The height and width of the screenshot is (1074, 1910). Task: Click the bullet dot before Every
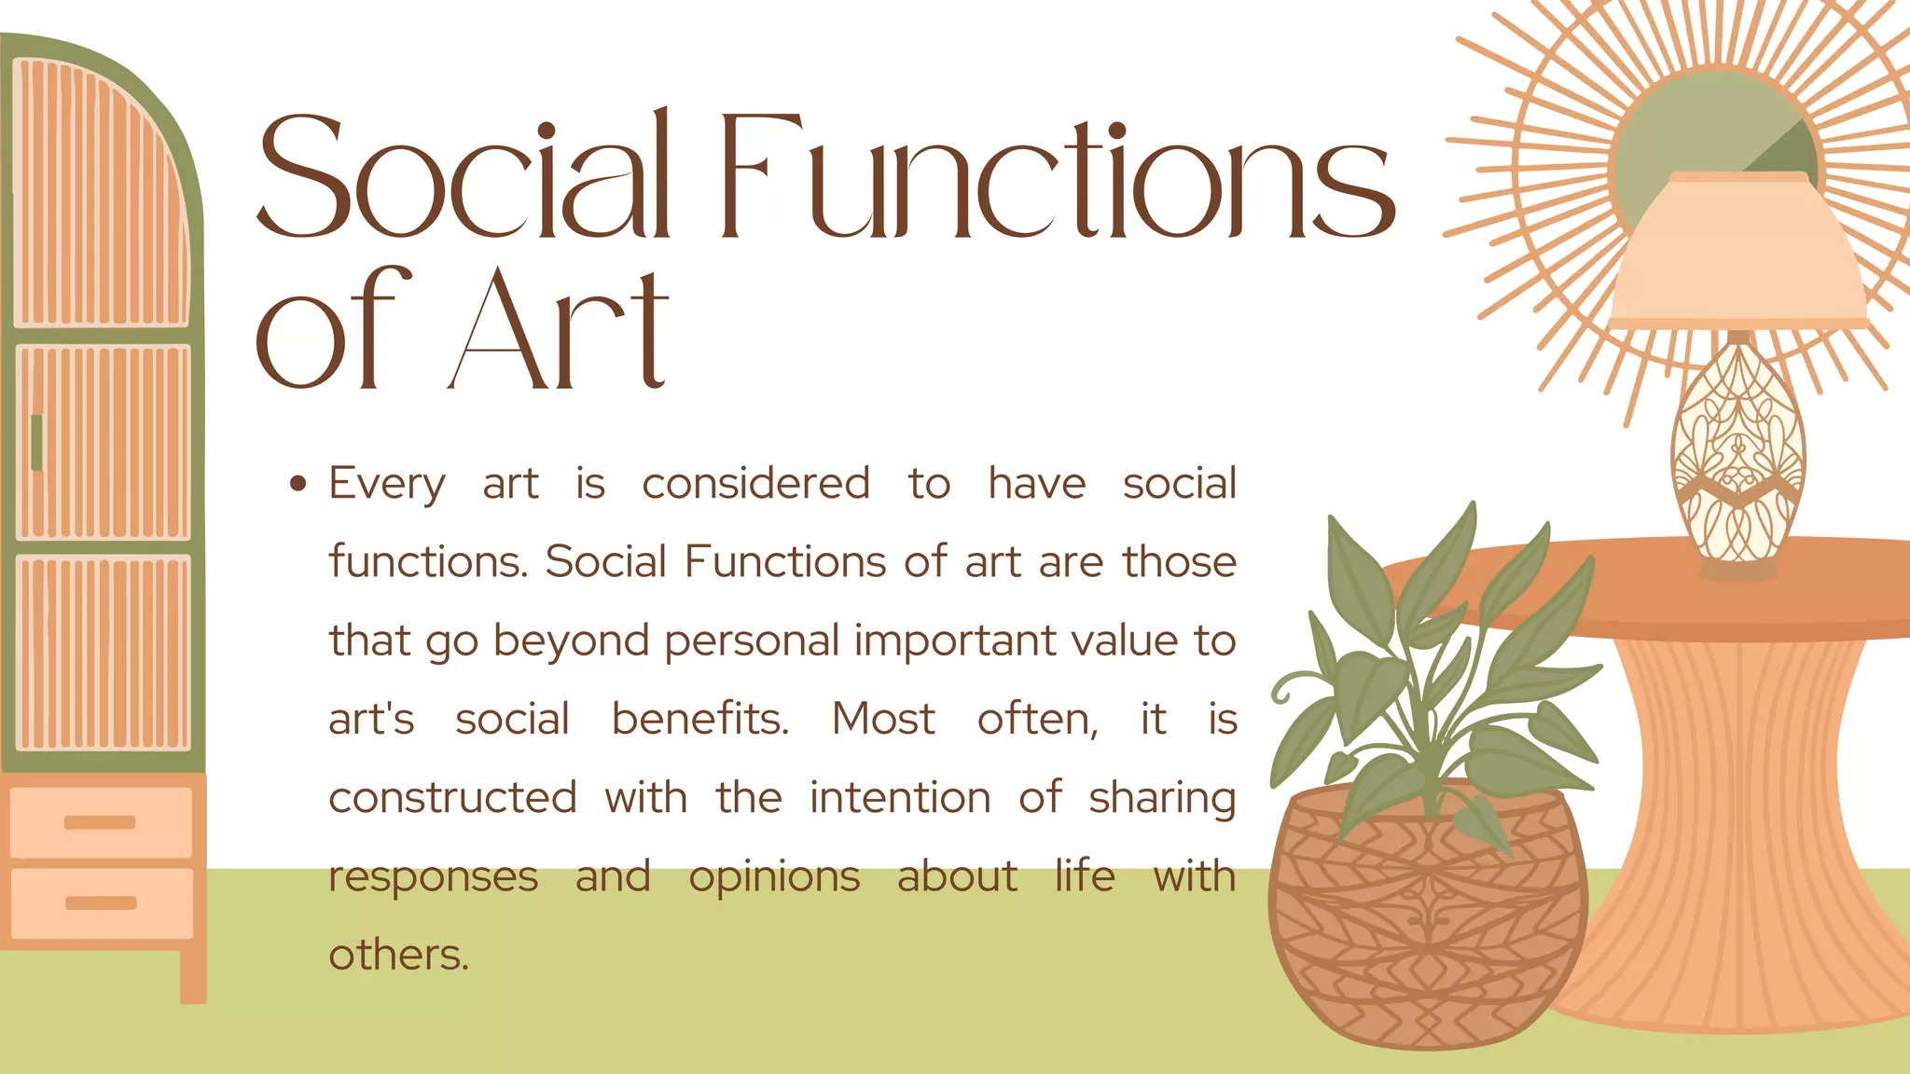point(298,483)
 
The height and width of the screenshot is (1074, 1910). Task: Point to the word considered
point(755,484)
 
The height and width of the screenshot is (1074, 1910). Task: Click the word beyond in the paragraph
point(571,641)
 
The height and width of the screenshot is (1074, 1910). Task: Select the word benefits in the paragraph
point(699,719)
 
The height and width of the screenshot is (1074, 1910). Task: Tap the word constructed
point(452,798)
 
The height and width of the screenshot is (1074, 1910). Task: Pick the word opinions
point(774,877)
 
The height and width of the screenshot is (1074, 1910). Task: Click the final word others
point(398,955)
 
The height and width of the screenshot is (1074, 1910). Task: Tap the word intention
point(899,798)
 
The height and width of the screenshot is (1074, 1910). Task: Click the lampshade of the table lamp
point(1738,252)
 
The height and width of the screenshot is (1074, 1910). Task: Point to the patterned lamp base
point(1737,457)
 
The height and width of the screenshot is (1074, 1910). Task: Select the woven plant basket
point(1427,923)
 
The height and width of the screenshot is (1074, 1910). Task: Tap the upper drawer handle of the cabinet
point(100,822)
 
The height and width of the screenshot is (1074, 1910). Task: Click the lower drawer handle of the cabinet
point(101,902)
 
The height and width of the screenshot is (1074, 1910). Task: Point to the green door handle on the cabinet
point(36,443)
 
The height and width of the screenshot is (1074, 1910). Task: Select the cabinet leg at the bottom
point(193,974)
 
